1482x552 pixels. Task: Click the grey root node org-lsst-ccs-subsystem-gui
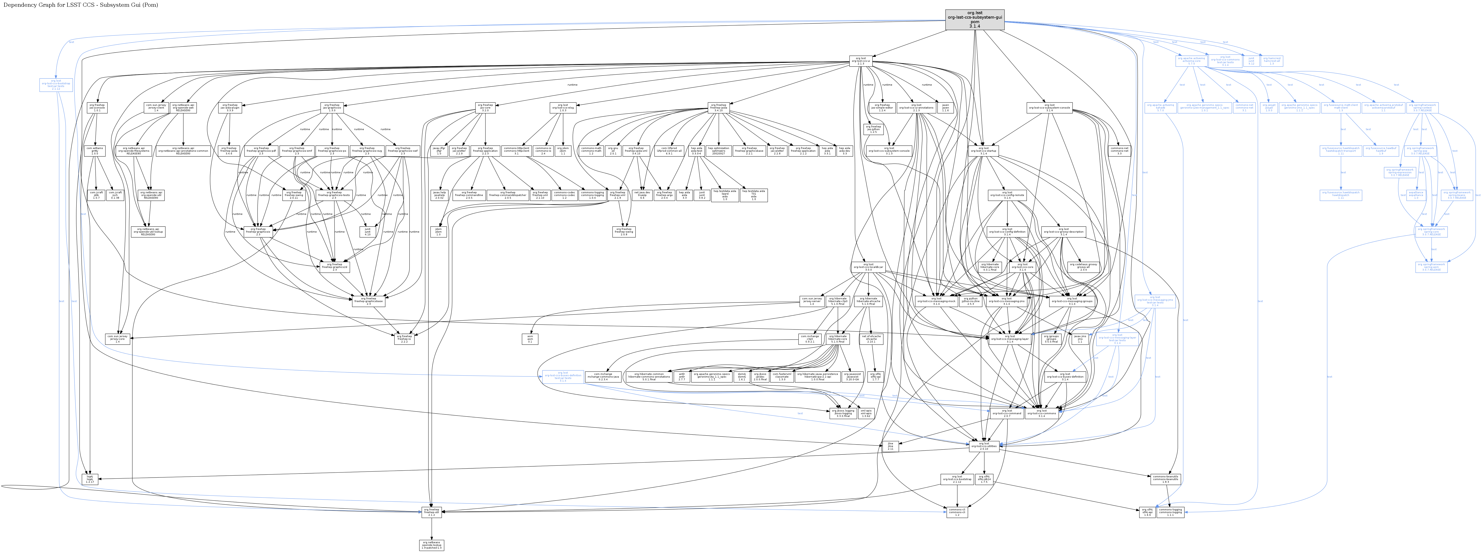click(x=975, y=20)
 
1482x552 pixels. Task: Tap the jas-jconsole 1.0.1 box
click(x=97, y=107)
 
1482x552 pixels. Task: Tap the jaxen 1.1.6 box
click(x=945, y=107)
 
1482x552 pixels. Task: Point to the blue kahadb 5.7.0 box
click(x=1160, y=107)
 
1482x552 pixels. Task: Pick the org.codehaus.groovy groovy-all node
click(x=1083, y=267)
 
